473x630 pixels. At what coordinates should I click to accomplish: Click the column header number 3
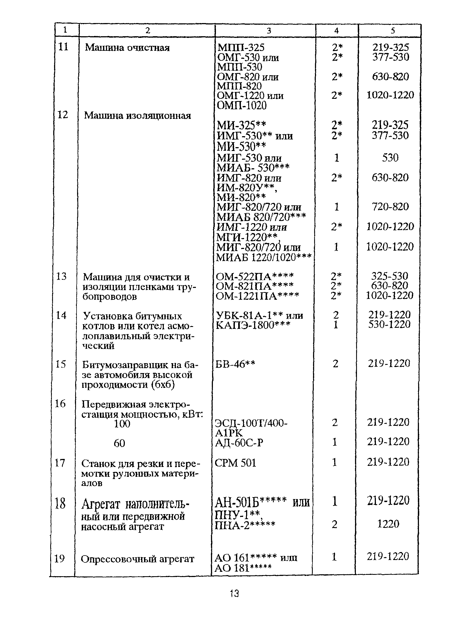click(x=269, y=30)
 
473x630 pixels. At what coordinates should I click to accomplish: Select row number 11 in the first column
click(x=63, y=47)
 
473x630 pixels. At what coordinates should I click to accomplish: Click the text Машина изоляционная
click(x=137, y=116)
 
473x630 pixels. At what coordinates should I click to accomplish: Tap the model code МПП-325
click(x=241, y=47)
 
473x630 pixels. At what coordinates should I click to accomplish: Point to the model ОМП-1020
click(x=242, y=106)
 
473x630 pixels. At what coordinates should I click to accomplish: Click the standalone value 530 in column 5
click(x=390, y=158)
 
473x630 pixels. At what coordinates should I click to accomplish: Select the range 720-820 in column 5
click(x=390, y=207)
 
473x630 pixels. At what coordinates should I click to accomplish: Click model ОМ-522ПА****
click(x=254, y=276)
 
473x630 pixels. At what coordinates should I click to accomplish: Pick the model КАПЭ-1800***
click(x=253, y=325)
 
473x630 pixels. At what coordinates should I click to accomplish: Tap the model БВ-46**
click(x=235, y=364)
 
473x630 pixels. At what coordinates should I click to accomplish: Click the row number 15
click(x=60, y=364)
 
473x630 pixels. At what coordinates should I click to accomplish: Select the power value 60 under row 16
click(x=119, y=443)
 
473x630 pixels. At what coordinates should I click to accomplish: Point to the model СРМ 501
click(x=235, y=463)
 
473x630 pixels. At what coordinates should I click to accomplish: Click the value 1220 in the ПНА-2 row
click(x=388, y=524)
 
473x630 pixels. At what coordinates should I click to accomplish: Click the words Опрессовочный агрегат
click(x=137, y=559)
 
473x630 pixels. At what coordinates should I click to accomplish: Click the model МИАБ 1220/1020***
click(x=264, y=257)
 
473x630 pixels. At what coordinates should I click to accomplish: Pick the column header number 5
click(x=392, y=30)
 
